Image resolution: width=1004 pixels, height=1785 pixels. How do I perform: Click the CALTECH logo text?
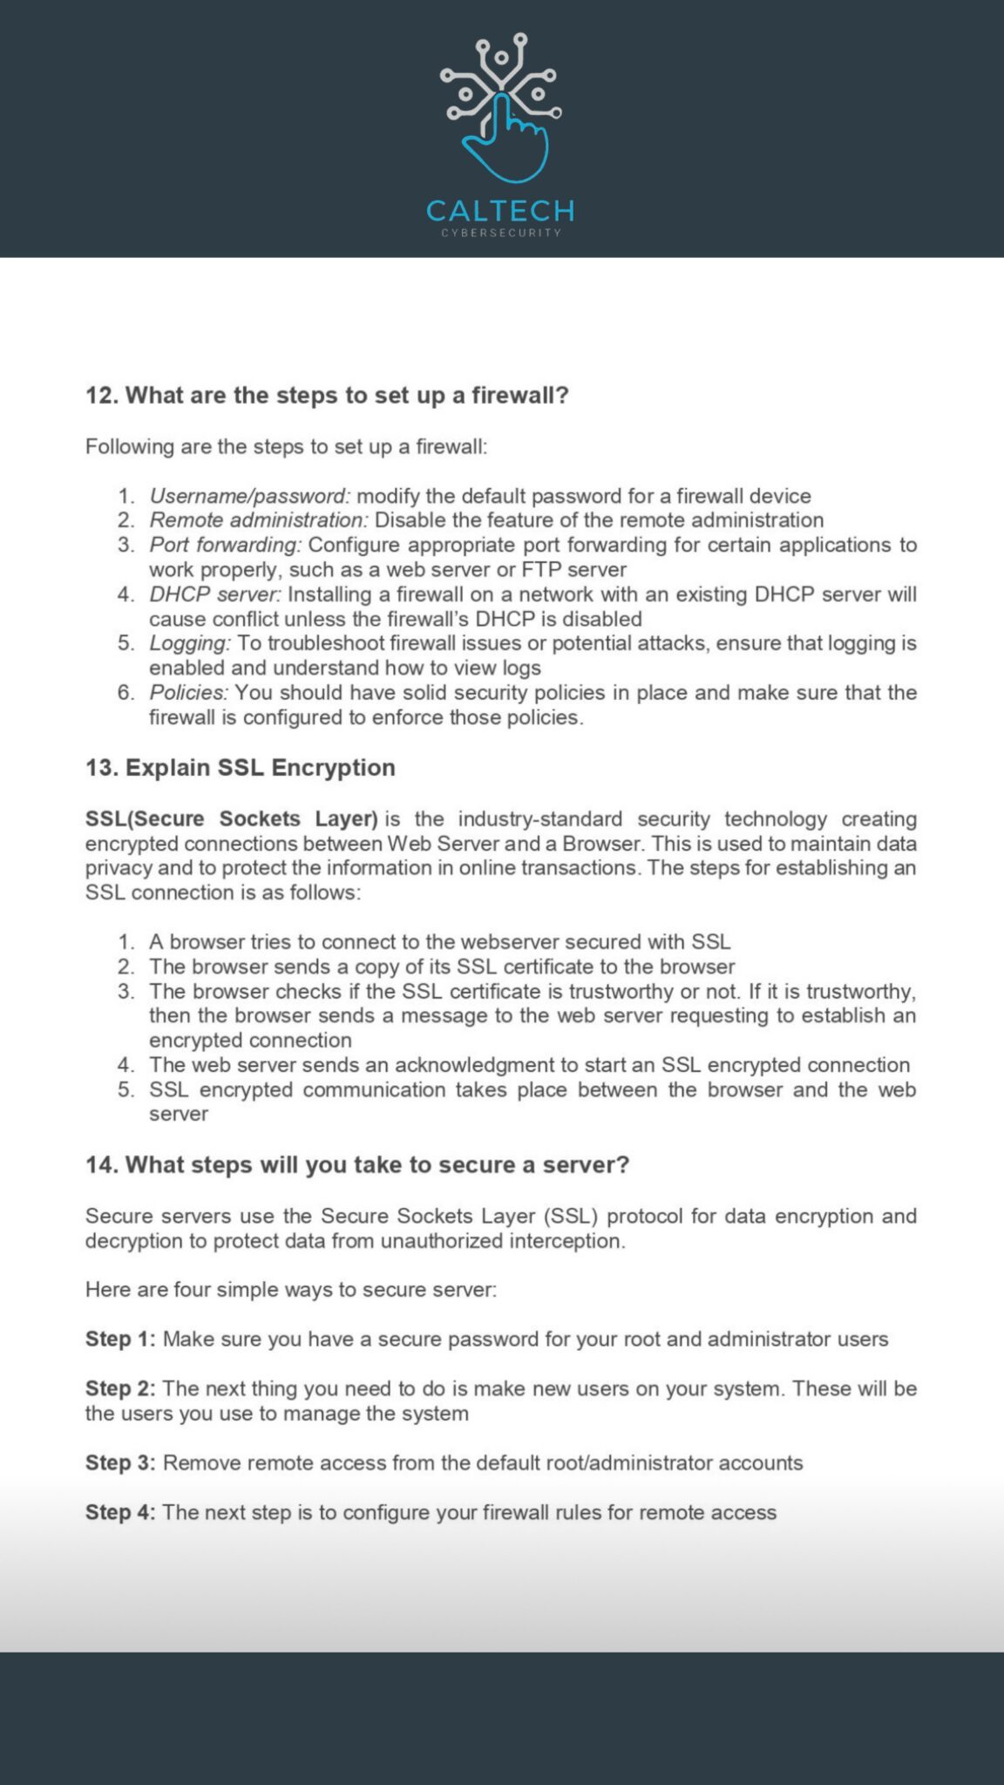point(500,211)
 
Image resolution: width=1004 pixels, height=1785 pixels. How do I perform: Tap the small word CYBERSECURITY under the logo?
point(501,233)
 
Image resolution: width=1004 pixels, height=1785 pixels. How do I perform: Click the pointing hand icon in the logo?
point(506,144)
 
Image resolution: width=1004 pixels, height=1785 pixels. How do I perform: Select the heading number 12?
point(102,396)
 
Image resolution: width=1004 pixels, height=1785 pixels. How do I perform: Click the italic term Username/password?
point(249,496)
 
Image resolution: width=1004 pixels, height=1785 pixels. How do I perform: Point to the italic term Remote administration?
point(259,520)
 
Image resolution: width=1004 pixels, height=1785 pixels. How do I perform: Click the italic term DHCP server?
point(215,594)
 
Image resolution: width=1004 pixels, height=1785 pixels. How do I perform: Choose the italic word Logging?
point(189,643)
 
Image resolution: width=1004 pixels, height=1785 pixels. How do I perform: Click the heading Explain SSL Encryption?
point(260,768)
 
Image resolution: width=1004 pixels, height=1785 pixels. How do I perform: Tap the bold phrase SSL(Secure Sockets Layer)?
point(231,819)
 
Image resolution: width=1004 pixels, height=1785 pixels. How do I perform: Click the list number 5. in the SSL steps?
point(126,1089)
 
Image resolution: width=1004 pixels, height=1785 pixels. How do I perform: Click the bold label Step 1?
point(120,1339)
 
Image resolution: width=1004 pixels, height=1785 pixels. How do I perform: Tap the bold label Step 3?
point(120,1463)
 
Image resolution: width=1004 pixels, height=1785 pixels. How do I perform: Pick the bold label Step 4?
point(120,1512)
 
